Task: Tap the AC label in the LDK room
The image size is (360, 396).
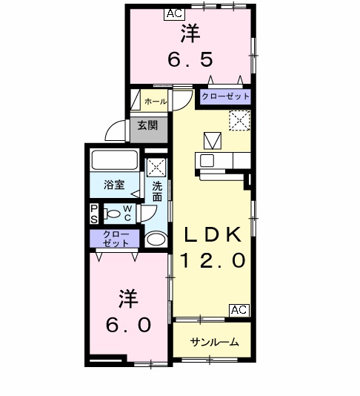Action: point(239,310)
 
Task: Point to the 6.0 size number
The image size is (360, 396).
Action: point(127,325)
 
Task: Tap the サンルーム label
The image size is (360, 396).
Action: point(214,342)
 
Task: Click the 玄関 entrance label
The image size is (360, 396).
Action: point(147,125)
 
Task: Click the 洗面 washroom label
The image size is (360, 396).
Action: point(158,191)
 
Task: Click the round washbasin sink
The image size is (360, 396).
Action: point(156,239)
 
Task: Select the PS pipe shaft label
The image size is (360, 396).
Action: point(94,214)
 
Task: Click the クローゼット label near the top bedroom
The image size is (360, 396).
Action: point(225,96)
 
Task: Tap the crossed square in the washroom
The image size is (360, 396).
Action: point(156,166)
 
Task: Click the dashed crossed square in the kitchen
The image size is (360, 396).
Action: point(239,120)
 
